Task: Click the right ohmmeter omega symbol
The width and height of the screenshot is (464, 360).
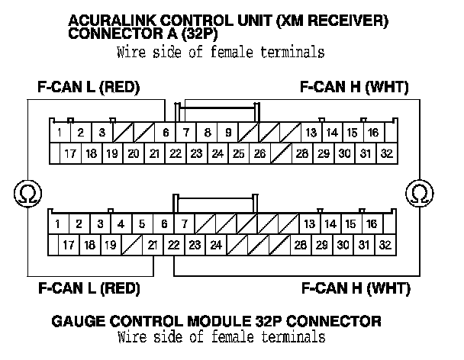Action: (x=419, y=191)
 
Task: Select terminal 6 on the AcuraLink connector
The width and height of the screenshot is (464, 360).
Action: (x=165, y=133)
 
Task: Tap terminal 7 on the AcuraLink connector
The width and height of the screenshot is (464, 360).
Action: (x=186, y=133)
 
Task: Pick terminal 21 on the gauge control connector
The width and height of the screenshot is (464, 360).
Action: (x=153, y=245)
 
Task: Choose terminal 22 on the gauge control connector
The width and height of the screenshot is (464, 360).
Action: (x=174, y=245)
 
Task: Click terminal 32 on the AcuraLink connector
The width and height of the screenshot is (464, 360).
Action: (x=386, y=153)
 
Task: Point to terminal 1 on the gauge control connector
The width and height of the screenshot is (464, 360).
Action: (x=58, y=224)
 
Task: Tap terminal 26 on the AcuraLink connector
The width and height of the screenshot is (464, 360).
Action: (x=259, y=153)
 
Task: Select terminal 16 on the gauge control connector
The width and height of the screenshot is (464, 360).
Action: (x=372, y=224)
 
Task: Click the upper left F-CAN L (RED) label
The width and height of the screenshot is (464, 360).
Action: (x=89, y=88)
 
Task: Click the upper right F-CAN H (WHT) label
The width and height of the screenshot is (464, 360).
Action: (x=356, y=88)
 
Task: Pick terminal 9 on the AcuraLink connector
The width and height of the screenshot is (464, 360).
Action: (x=228, y=133)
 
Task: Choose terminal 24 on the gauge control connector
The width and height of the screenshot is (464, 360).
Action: (x=216, y=245)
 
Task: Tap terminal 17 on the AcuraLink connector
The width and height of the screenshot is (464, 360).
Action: (x=70, y=153)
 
